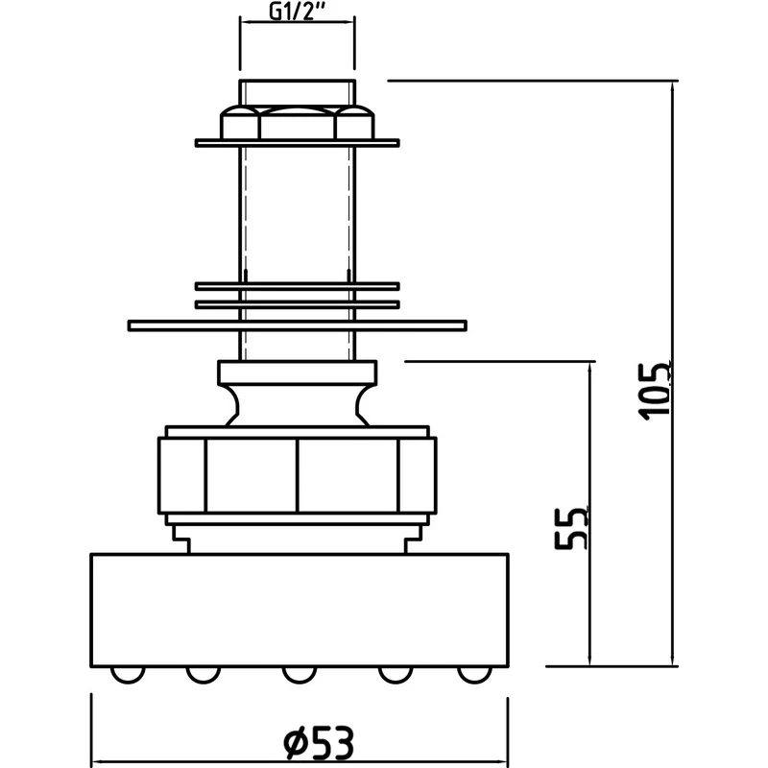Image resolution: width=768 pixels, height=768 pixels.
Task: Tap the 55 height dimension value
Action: pos(572,527)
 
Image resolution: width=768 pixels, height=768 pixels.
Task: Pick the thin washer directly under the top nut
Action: pos(297,143)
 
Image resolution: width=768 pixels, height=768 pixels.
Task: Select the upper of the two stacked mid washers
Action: pos(297,286)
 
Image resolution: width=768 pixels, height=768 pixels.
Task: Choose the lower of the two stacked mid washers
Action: pos(297,304)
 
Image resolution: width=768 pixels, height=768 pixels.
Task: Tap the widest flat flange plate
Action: pos(297,325)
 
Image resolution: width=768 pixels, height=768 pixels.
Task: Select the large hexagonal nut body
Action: pos(297,475)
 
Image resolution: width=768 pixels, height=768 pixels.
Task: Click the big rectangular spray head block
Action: pos(299,610)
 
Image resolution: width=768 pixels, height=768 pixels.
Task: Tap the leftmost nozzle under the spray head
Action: pos(124,674)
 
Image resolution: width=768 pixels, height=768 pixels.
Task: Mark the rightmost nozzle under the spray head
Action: pos(471,674)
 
